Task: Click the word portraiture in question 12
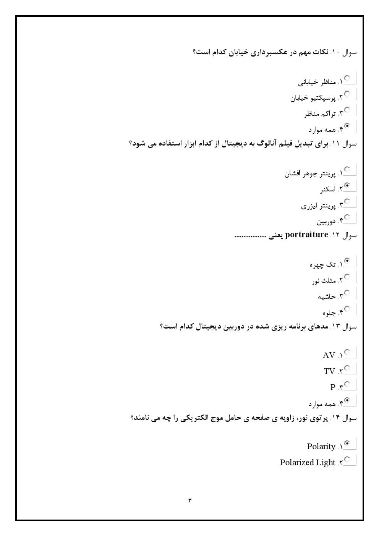tap(306, 235)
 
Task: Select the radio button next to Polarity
tap(347, 443)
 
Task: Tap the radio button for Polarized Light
tap(347, 459)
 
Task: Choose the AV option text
tap(329, 355)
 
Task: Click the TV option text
tap(329, 371)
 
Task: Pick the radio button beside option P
tap(347, 384)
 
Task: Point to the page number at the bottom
tap(189, 500)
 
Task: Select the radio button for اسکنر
tap(347, 186)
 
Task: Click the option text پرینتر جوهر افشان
tap(309, 174)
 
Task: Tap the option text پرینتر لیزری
tap(318, 206)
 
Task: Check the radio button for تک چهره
tap(347, 261)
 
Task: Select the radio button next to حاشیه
tap(347, 293)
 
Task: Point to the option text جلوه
tap(329, 313)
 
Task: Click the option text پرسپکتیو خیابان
tap(313, 98)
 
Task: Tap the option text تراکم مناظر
tap(320, 114)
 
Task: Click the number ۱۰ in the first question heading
tap(336, 52)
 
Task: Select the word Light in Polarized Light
tap(326, 462)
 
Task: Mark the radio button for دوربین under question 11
tap(347, 217)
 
